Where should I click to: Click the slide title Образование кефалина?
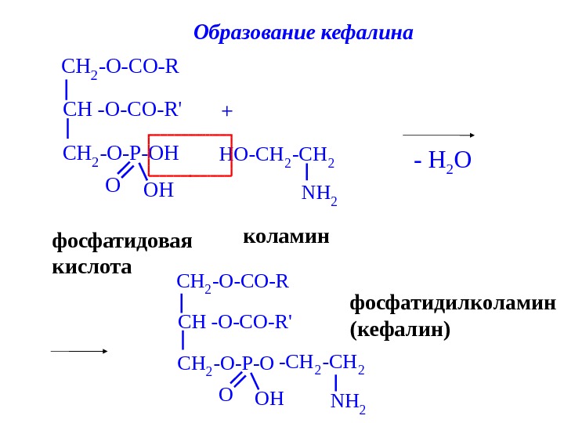click(302, 33)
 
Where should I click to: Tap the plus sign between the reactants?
click(227, 111)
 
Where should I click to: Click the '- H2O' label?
click(443, 161)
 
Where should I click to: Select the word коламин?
click(286, 236)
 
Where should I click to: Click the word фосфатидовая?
click(122, 240)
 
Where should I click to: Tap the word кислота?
click(92, 267)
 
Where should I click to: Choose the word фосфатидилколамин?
click(453, 303)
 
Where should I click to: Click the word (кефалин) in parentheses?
click(400, 330)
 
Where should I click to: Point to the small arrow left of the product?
click(79, 352)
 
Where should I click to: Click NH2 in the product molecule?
click(348, 402)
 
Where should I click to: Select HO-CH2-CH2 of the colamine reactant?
click(277, 154)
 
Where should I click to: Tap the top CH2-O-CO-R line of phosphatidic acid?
click(120, 67)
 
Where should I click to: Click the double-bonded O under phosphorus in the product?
click(226, 395)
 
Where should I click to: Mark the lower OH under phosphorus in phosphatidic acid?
click(158, 190)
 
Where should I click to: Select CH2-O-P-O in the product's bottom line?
click(226, 364)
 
